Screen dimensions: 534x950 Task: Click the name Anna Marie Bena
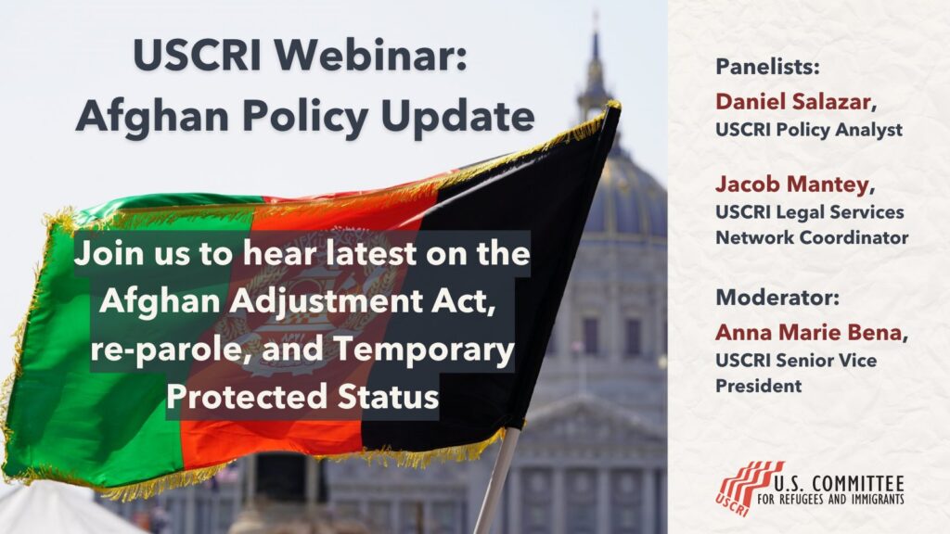click(807, 331)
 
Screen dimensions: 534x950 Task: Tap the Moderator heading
click(764, 299)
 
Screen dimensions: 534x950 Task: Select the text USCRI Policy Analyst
click(809, 130)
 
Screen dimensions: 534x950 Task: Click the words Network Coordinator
click(812, 237)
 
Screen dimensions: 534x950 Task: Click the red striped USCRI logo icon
click(749, 486)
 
